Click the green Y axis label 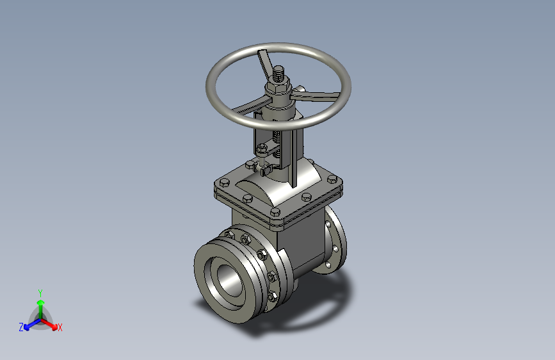[x=40, y=293]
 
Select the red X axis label [x=60, y=327]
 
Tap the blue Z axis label [x=21, y=327]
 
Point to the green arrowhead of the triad [x=41, y=302]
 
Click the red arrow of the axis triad [x=49, y=323]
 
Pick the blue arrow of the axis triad [x=33, y=323]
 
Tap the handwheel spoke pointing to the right [x=315, y=95]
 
